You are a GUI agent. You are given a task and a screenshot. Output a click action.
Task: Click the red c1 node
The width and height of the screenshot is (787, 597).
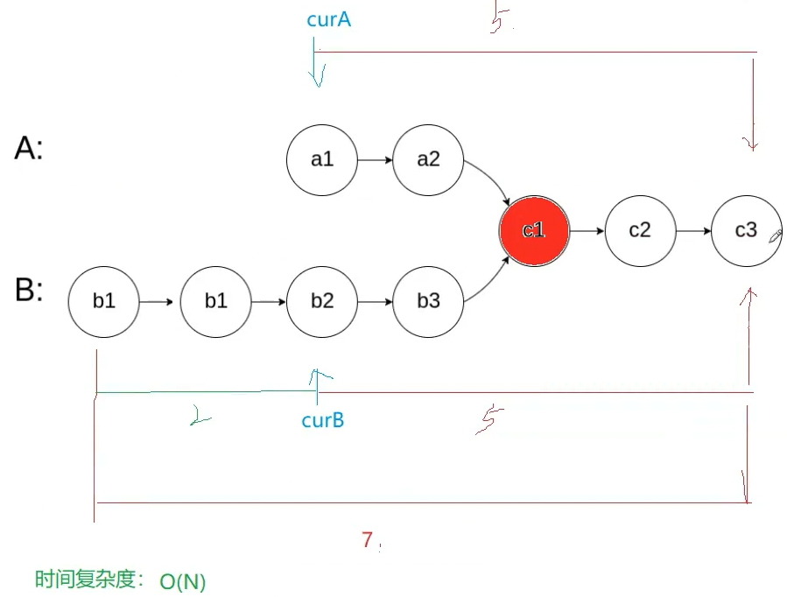(534, 230)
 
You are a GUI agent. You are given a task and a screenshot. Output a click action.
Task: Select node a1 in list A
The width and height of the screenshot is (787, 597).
(321, 160)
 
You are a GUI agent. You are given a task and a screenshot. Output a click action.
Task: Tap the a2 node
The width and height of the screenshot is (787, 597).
(428, 160)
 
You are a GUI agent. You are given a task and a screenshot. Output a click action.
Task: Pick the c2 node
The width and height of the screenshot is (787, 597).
(640, 230)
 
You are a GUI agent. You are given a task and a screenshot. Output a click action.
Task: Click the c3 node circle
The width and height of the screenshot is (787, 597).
(746, 230)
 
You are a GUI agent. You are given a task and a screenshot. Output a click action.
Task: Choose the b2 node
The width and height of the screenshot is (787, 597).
(321, 301)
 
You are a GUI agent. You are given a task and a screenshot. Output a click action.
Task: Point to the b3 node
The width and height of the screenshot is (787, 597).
(428, 301)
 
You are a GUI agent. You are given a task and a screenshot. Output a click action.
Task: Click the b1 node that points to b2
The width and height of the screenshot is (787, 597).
(215, 301)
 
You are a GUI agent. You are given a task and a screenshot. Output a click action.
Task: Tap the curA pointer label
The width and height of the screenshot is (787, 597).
(328, 19)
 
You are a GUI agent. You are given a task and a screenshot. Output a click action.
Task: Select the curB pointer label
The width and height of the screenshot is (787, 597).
(322, 421)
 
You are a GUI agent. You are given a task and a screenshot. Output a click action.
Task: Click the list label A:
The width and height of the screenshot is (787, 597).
(28, 150)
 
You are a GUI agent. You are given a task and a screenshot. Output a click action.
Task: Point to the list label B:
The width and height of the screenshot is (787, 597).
(29, 291)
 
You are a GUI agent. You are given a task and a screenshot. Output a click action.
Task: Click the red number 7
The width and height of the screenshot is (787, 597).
(368, 540)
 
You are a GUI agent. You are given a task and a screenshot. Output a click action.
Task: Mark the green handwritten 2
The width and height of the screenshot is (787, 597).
(200, 419)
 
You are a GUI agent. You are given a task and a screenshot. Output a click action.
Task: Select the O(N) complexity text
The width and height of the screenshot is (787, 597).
(182, 581)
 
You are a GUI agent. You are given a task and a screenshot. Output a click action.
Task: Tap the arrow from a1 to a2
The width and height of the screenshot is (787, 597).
(375, 161)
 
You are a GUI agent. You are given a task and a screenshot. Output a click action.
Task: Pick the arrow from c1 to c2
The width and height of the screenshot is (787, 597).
(587, 231)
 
